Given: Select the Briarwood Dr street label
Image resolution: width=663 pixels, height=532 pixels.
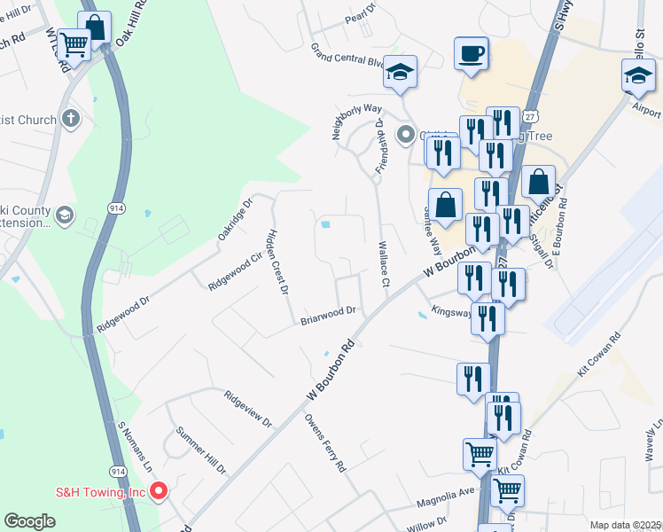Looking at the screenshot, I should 327,312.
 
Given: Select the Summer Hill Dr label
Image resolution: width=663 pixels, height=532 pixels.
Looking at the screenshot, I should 202,450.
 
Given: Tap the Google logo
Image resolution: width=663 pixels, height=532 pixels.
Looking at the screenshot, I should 29,521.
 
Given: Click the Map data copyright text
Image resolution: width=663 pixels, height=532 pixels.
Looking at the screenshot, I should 624,525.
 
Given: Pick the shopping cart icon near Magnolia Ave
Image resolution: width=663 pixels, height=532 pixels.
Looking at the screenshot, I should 507,489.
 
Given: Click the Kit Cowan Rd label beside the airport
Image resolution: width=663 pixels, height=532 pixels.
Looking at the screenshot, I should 595,358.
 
